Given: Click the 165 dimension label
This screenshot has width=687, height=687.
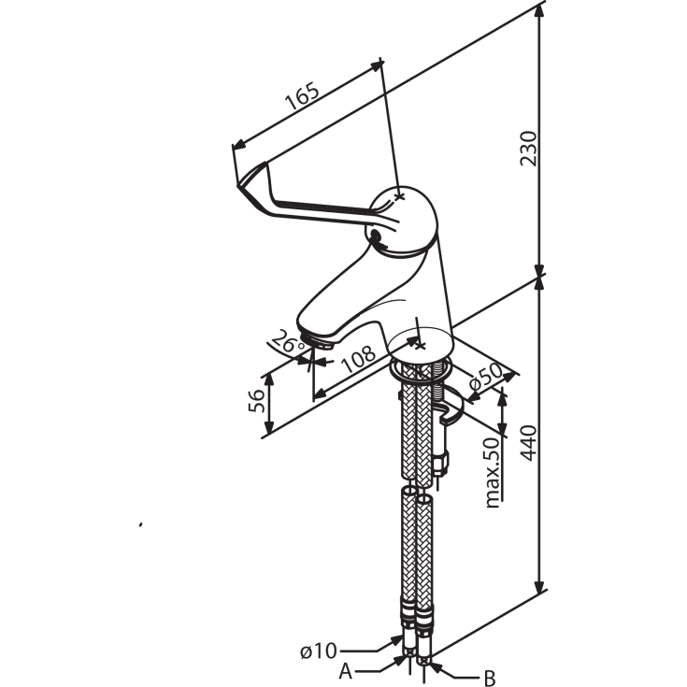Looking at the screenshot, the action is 302,96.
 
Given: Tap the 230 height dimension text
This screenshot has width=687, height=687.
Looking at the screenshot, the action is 528,149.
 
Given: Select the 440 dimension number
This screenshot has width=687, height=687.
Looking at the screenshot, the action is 528,443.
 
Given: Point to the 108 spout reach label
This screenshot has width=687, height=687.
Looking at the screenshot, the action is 358,359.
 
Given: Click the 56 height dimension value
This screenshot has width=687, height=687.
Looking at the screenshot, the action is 257,401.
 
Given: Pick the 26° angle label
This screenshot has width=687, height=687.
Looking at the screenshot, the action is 287,342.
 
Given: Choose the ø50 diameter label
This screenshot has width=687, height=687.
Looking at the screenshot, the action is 486,377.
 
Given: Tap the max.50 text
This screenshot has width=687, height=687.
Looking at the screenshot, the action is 493,473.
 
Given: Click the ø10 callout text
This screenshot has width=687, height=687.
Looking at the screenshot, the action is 319,651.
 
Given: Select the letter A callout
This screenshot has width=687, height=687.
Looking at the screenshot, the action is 346,671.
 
